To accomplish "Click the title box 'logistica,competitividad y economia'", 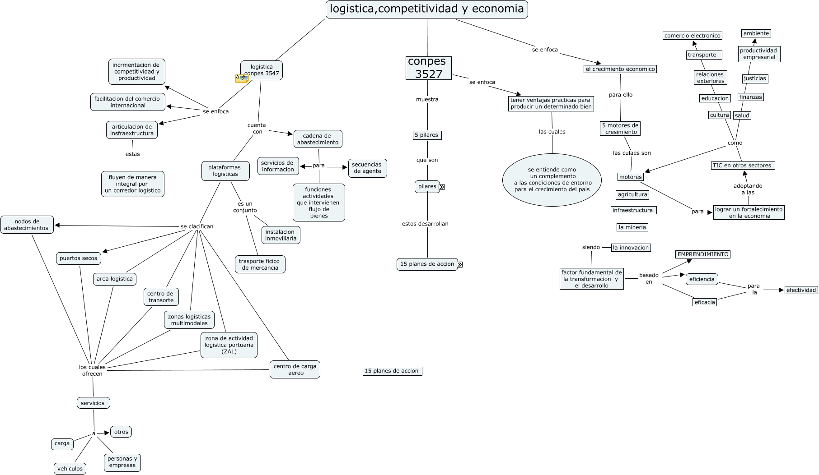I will [426, 9].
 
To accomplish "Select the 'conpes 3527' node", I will [428, 68].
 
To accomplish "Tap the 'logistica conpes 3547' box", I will [262, 70].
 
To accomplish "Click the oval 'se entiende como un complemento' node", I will [552, 180].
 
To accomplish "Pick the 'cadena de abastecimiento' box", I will [318, 139].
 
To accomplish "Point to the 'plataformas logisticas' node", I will [225, 171].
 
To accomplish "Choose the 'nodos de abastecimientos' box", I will [27, 225].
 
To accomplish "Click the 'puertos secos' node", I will [79, 258].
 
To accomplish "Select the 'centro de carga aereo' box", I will [295, 369].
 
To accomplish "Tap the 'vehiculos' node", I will [70, 469].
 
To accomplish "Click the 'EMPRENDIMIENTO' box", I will [703, 254].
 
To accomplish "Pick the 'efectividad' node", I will [801, 290].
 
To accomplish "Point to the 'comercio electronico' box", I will [692, 36].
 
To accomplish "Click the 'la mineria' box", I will [632, 227].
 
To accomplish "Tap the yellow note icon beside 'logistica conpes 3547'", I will [242, 78].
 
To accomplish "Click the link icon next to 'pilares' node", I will [442, 187].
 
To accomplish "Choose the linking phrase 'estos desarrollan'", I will [425, 224].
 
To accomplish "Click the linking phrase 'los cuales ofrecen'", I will [92, 370].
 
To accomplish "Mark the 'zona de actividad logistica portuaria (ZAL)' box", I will [229, 345].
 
